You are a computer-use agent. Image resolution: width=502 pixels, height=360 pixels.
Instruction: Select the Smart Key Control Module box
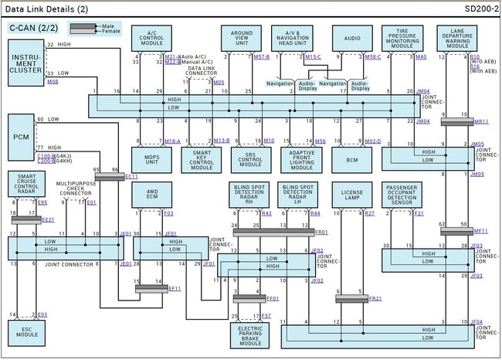tap(202, 159)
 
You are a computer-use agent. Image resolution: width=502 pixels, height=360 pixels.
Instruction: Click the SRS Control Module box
tap(253, 159)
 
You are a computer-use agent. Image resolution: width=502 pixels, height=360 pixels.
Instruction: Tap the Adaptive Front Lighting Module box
tap(302, 159)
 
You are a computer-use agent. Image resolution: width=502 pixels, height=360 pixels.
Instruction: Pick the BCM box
tap(351, 159)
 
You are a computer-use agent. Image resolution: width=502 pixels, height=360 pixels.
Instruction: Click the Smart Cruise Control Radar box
tap(26, 186)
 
